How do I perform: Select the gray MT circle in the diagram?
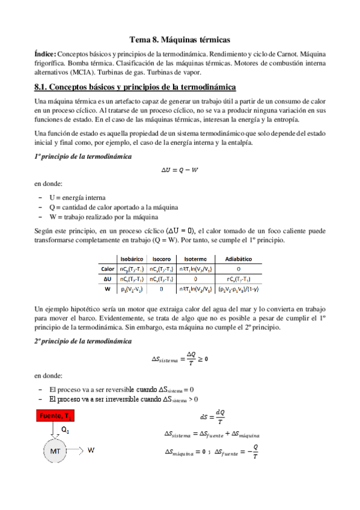coord(53,450)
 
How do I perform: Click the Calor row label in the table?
coord(108,269)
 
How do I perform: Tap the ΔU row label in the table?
coord(109,279)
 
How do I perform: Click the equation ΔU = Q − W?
coord(180,170)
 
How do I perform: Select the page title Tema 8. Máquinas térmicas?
coord(180,40)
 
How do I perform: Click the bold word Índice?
coord(46,54)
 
